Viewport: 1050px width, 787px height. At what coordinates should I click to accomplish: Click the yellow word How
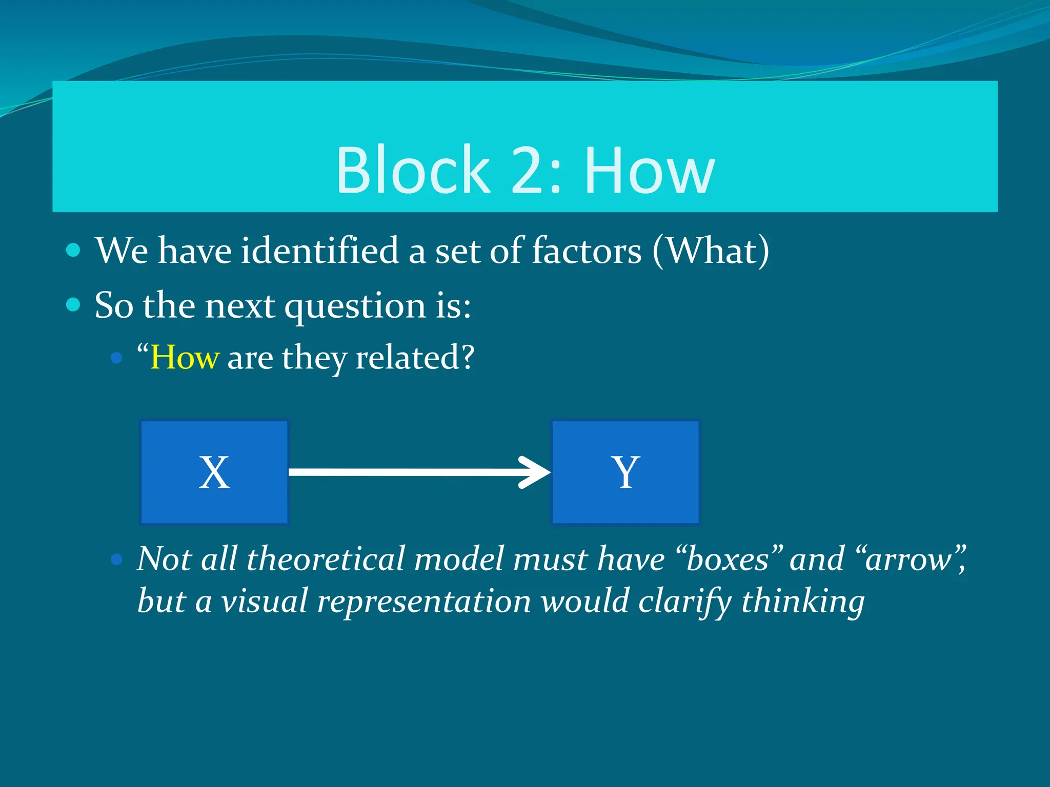click(185, 357)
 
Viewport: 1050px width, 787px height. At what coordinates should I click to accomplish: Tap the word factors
click(587, 251)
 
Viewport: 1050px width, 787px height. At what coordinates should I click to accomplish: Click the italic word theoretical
click(326, 558)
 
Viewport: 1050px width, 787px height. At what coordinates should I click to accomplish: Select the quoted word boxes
click(728, 558)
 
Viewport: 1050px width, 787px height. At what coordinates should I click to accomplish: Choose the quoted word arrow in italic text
click(907, 558)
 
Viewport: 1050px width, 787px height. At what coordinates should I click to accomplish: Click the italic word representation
click(423, 600)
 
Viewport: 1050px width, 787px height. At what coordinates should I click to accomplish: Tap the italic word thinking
click(803, 600)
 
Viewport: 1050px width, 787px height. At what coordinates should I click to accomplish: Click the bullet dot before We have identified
click(73, 250)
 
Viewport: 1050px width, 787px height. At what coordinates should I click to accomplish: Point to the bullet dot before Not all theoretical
click(117, 559)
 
